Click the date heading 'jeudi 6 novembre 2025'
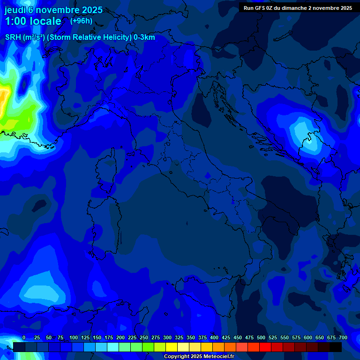click(x=53, y=10)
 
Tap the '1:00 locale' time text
click(x=33, y=21)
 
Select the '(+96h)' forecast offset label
click(x=81, y=21)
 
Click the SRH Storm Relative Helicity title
click(x=80, y=37)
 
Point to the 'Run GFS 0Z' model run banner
click(x=298, y=7)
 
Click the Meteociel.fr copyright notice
click(x=199, y=356)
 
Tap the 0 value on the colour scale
click(x=23, y=337)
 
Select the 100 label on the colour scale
click(x=74, y=337)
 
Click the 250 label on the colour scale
click(x=144, y=337)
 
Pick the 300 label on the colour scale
click(x=167, y=337)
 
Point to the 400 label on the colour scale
click(x=214, y=337)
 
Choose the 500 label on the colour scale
click(x=261, y=337)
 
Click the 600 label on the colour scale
click(x=308, y=337)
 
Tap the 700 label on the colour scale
click(x=343, y=337)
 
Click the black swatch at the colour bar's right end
click(x=336, y=347)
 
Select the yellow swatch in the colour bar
click(x=172, y=347)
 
